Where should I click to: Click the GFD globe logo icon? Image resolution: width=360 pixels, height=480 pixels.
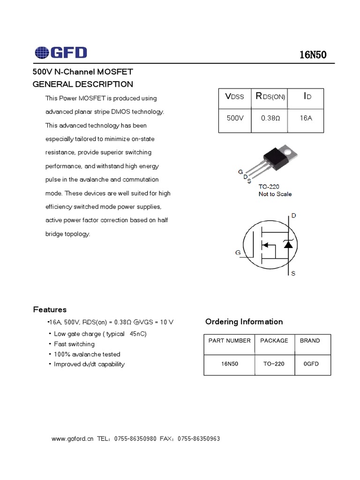point(41,52)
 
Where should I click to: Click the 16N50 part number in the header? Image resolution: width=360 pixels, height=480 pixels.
point(313,55)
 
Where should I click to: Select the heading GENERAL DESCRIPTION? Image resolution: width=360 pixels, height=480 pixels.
point(82,84)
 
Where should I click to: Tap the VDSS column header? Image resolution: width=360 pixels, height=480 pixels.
point(235,97)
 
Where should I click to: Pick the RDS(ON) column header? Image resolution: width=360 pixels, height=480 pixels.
point(270,97)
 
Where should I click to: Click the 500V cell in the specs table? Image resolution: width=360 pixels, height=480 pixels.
point(235,118)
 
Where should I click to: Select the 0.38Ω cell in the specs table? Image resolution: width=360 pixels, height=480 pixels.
point(270,118)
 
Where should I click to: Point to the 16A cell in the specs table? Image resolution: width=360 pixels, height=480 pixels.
point(305,118)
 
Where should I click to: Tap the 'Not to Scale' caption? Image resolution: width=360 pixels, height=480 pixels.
point(275,194)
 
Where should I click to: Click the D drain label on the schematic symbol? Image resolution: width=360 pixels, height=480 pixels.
point(294,216)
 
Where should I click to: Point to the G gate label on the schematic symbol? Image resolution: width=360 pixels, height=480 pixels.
point(238,253)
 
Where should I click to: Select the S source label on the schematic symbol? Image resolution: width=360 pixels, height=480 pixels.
point(293,273)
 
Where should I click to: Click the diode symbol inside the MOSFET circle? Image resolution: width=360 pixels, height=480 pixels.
point(288,245)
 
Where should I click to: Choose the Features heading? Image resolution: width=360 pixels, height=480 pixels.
point(50,310)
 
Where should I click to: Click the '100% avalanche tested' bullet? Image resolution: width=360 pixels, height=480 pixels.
point(87,354)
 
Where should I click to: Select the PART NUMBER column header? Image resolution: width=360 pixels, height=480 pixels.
point(230,341)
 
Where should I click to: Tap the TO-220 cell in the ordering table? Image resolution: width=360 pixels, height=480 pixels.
point(274,364)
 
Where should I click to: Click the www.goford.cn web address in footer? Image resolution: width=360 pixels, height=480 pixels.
point(73,439)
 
